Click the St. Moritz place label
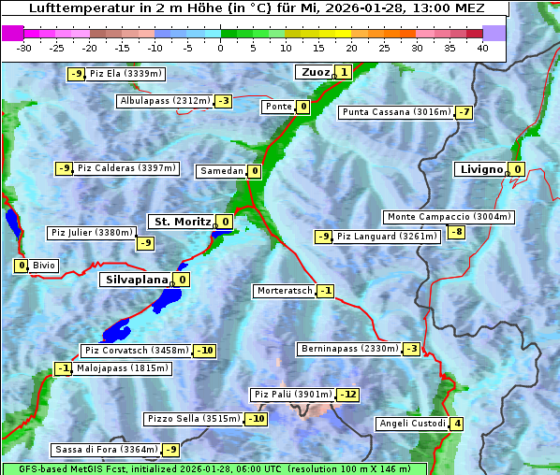pyautogui.click(x=181, y=222)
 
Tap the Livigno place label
pyautogui.click(x=481, y=169)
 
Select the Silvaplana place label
pyautogui.click(x=137, y=279)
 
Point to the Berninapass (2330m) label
pyautogui.click(x=349, y=349)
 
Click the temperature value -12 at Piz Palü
pyautogui.click(x=347, y=395)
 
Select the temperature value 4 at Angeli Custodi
pyautogui.click(x=456, y=424)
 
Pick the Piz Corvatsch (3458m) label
pyautogui.click(x=136, y=351)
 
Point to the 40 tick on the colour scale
pyautogui.click(x=482, y=48)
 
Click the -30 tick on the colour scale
pyautogui.click(x=24, y=48)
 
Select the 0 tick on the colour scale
pyautogui.click(x=221, y=48)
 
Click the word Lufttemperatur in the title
pyautogui.click(x=78, y=7)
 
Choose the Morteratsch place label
pyautogui.click(x=285, y=291)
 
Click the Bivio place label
pyautogui.click(x=44, y=266)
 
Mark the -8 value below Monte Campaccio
pyautogui.click(x=456, y=232)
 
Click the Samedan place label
pyautogui.click(x=222, y=171)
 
